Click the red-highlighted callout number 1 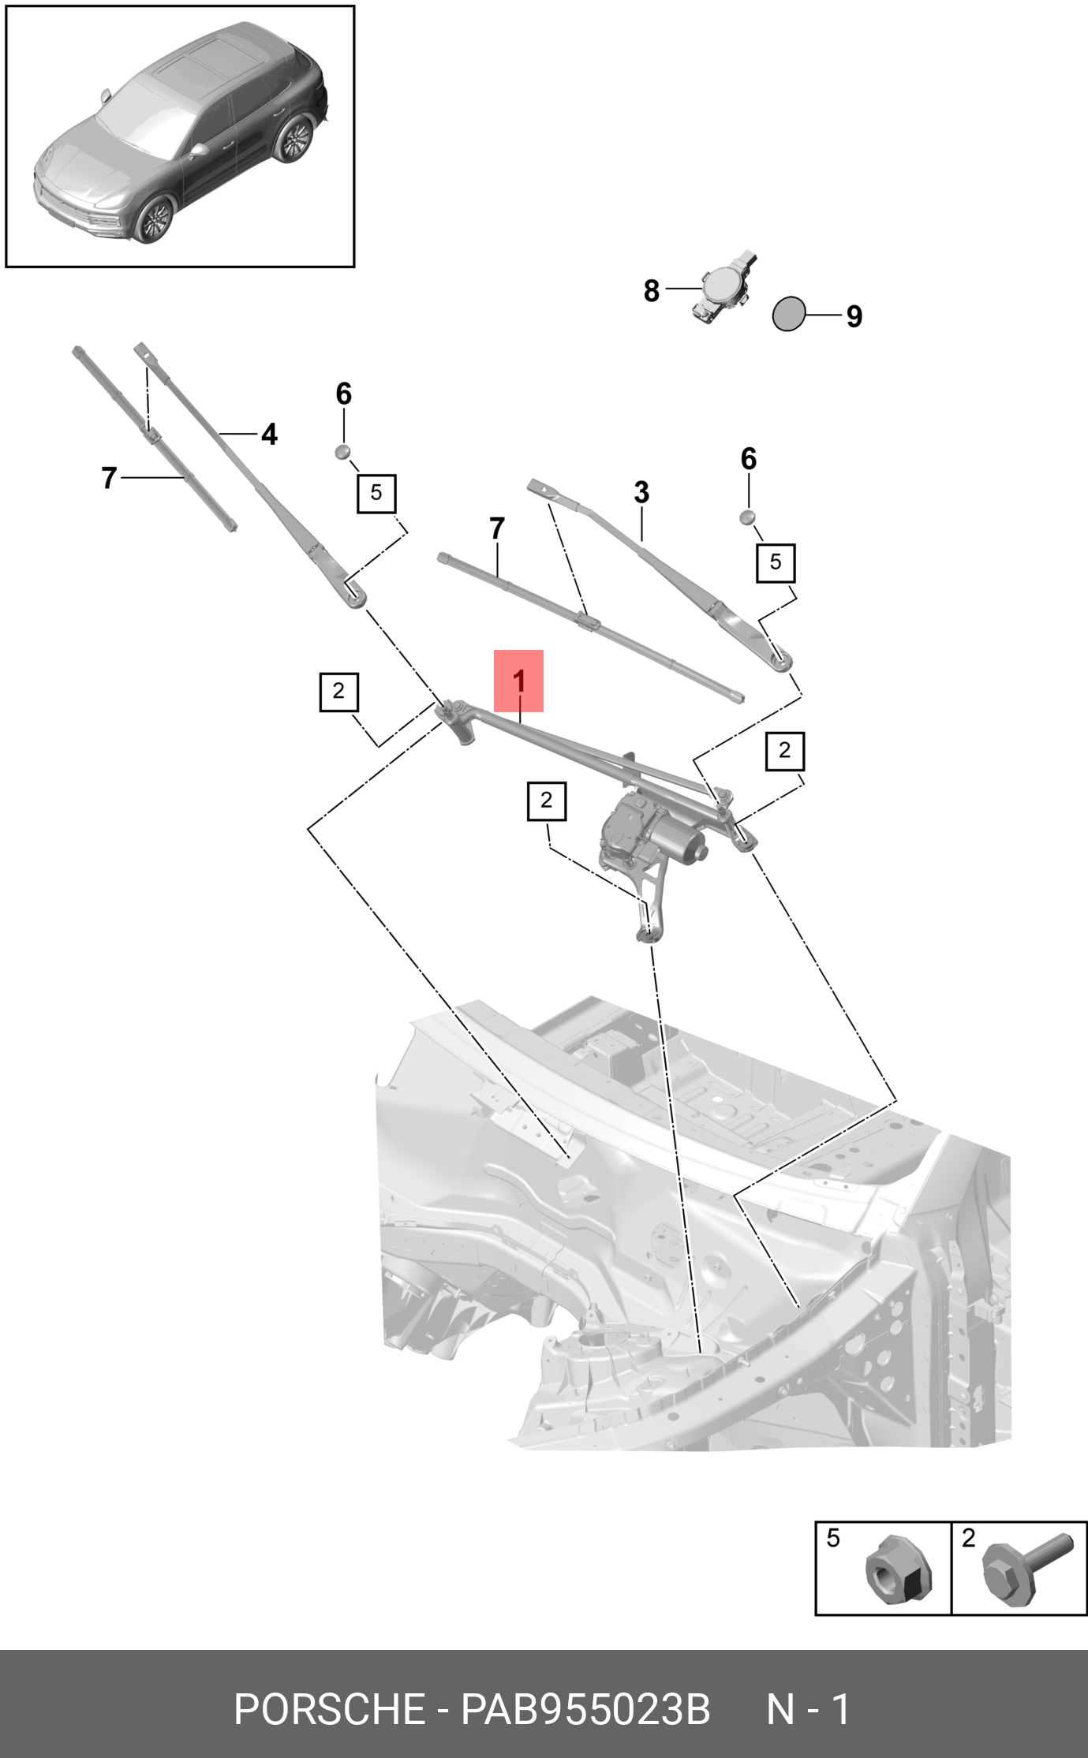tap(518, 680)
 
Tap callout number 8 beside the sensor tap(651, 290)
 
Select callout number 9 tap(854, 316)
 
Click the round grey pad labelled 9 tap(788, 314)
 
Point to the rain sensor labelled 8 tap(723, 288)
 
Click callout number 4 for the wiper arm tap(269, 434)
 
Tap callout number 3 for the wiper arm tap(641, 492)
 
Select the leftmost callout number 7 tap(109, 477)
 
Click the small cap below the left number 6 tap(343, 452)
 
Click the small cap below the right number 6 tap(747, 517)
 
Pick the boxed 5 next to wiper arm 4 tap(376, 493)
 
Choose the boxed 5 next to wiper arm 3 tap(776, 562)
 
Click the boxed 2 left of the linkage tap(338, 692)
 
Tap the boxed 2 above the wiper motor tap(546, 801)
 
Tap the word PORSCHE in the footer tap(329, 1709)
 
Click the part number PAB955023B tap(585, 1709)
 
